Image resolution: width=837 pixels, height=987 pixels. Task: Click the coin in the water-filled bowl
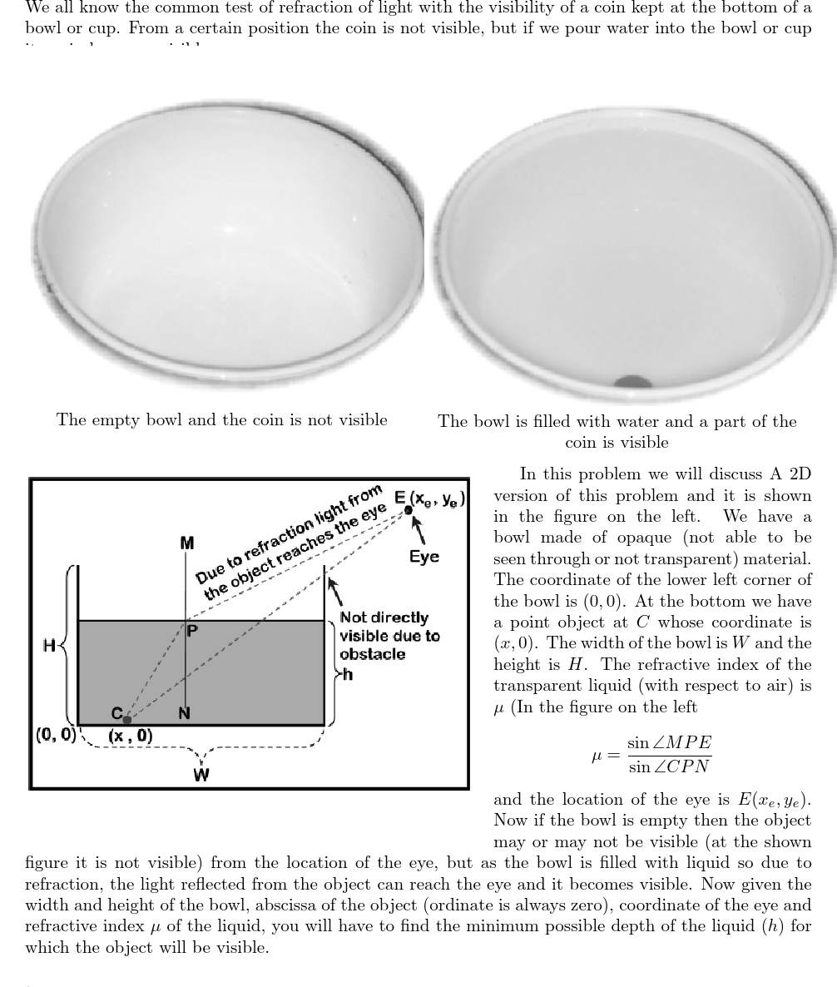633,383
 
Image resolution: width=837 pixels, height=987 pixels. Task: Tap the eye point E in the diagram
408,509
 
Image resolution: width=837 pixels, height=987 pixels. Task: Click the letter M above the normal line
186,543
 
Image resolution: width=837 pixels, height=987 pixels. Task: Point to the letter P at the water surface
192,631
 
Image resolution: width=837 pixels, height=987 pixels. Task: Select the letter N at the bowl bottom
184,713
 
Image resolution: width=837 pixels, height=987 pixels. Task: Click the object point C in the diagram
126,718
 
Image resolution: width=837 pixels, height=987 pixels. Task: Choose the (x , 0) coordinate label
130,736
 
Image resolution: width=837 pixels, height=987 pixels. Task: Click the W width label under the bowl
201,775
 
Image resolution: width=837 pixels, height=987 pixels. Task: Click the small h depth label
347,674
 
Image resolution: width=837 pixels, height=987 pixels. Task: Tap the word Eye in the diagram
424,556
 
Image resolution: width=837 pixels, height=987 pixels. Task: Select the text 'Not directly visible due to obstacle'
389,636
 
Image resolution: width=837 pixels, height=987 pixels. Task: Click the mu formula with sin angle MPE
651,754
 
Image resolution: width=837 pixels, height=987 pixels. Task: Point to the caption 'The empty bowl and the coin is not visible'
222,420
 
